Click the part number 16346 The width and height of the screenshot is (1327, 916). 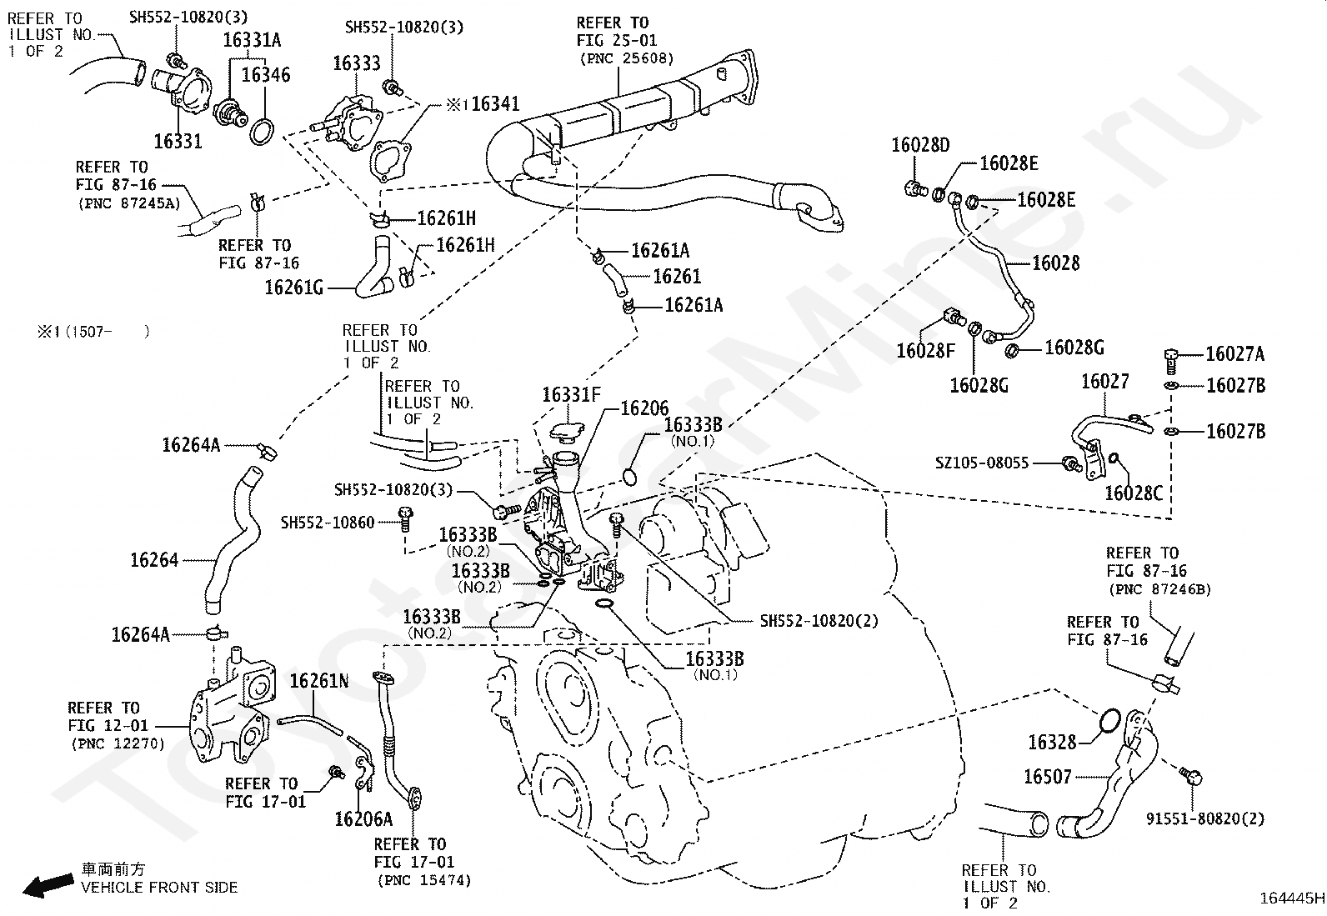[266, 75]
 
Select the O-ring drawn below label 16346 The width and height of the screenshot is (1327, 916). [262, 131]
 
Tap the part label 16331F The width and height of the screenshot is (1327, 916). [571, 395]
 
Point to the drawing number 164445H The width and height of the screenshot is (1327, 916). [1291, 898]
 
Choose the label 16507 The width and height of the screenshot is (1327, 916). [1047, 777]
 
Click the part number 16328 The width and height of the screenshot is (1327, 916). [1052, 742]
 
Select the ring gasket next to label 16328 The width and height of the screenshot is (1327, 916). [1108, 722]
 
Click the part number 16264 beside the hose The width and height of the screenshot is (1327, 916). [154, 560]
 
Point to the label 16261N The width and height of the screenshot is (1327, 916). [319, 682]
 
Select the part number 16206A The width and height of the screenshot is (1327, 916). [363, 818]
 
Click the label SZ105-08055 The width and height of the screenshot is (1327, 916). [982, 463]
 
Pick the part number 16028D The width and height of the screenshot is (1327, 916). [920, 146]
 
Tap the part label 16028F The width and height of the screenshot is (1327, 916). [925, 351]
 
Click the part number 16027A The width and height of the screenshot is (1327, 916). [1234, 354]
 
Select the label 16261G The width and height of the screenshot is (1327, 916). [293, 288]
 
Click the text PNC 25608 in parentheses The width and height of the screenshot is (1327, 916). [627, 58]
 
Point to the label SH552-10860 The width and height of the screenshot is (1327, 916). [328, 523]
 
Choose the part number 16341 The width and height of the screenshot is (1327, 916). [495, 104]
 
